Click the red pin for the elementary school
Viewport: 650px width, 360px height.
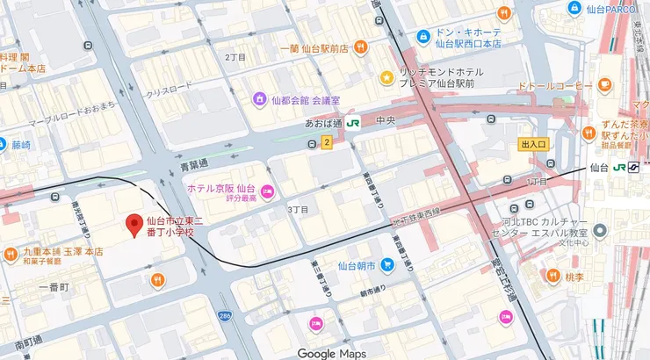tap(134, 225)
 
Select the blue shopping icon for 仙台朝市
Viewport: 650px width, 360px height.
tap(387, 264)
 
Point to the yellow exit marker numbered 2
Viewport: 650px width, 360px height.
tap(327, 142)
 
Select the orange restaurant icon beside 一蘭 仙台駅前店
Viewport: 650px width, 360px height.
tap(358, 47)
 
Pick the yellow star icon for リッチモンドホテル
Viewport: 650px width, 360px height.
tap(386, 78)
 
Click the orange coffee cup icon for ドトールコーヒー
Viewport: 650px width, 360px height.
tap(604, 84)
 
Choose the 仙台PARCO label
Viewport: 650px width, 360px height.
tap(615, 9)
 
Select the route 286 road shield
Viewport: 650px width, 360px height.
tap(226, 314)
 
